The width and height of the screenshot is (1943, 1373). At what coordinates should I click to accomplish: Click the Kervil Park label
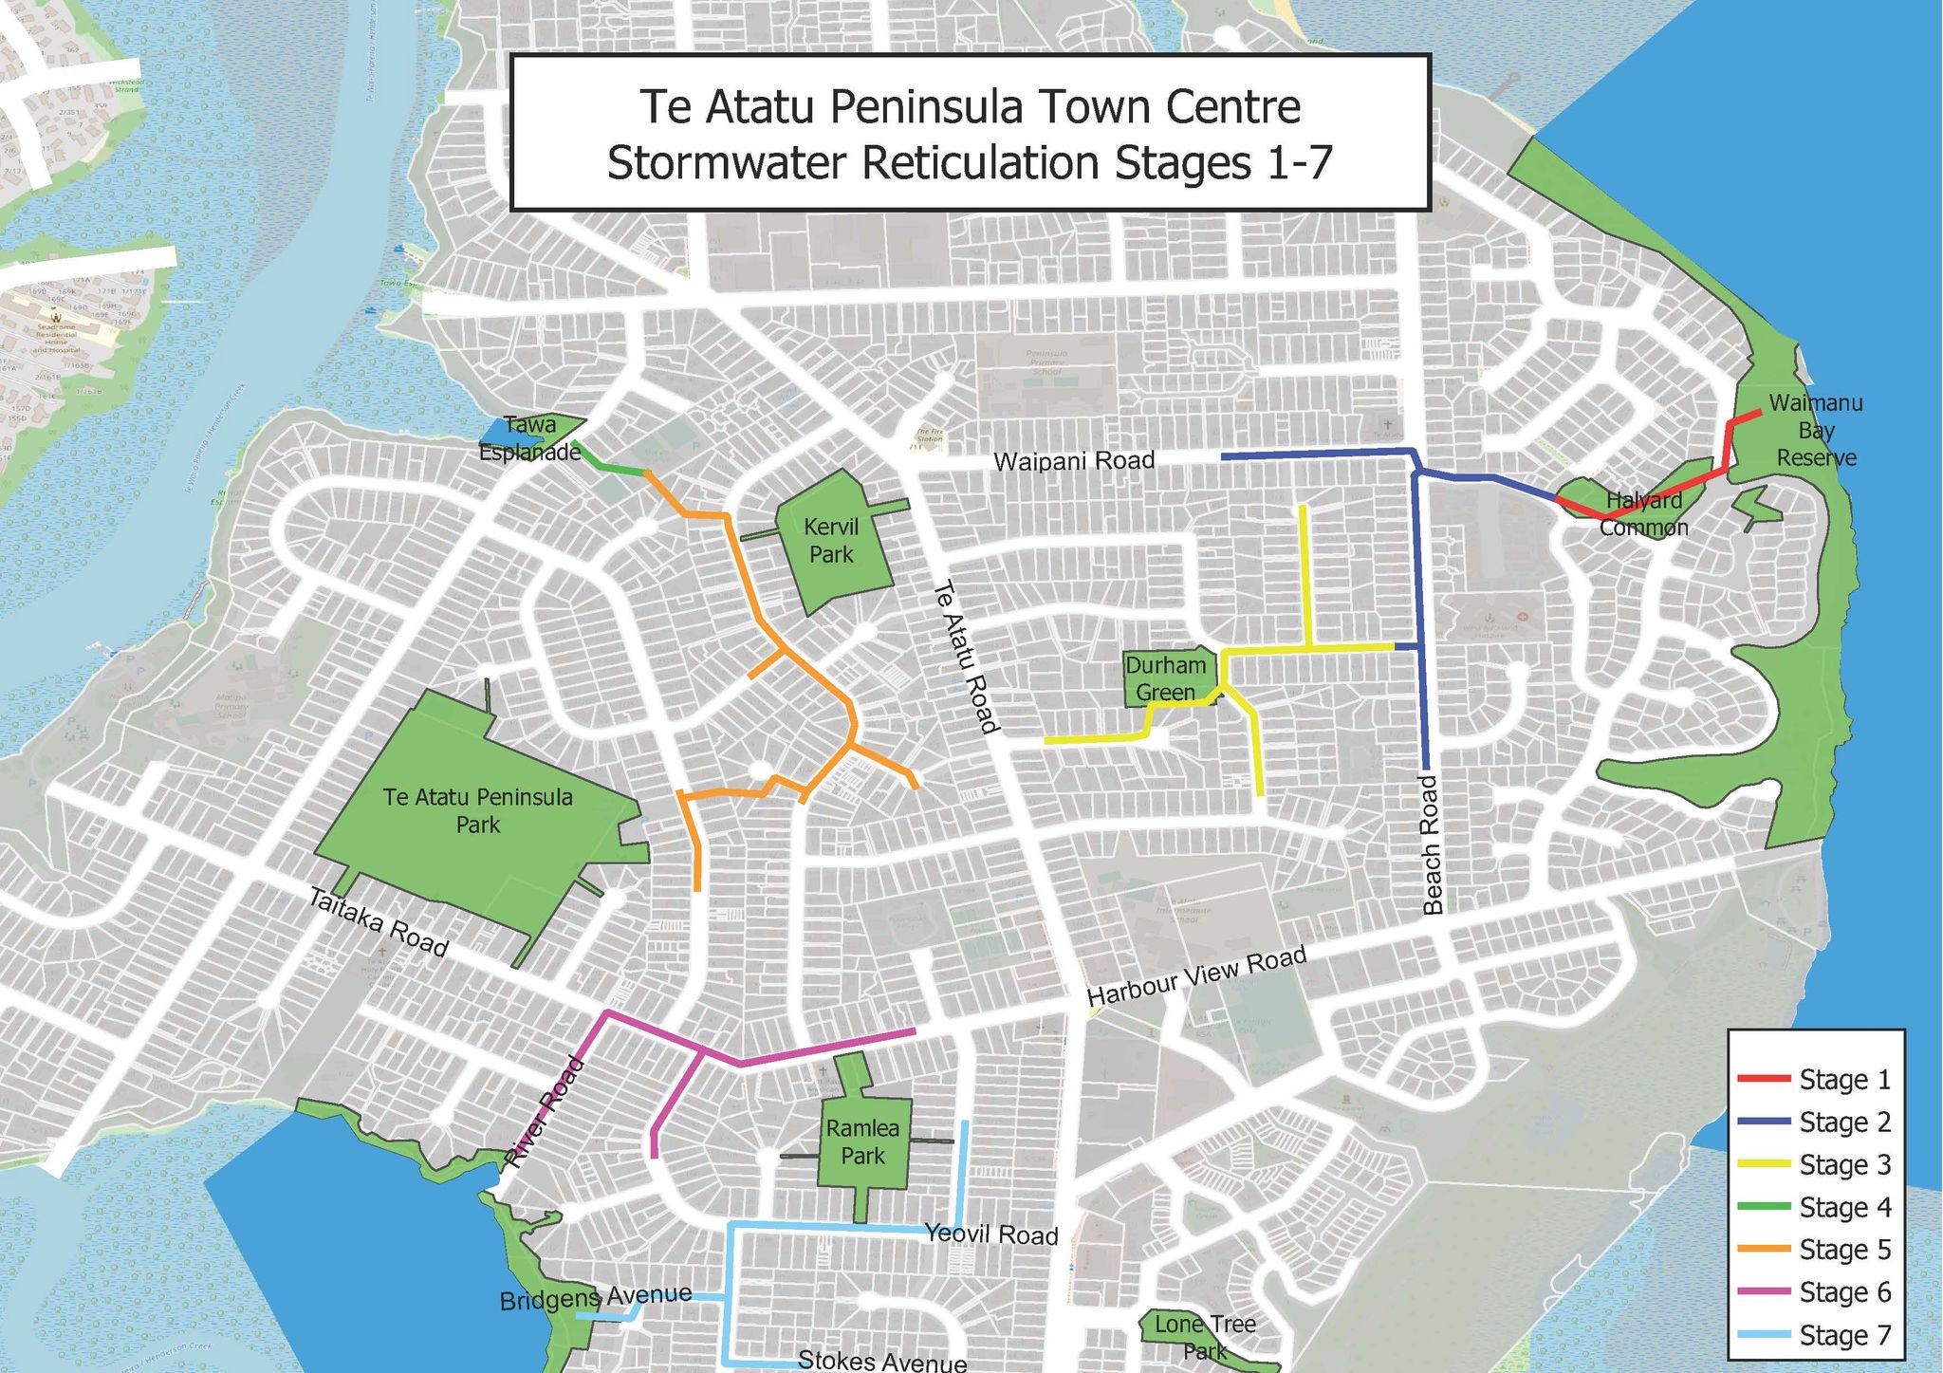click(831, 541)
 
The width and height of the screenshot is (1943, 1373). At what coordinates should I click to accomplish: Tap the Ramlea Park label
click(861, 1142)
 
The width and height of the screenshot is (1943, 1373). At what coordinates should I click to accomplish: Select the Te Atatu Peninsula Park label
click(478, 810)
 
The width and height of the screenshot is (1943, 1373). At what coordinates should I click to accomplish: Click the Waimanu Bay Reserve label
click(1816, 431)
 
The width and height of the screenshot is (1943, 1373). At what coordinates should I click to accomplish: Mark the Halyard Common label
click(1644, 513)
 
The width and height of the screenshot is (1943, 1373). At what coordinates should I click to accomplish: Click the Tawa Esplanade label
click(529, 439)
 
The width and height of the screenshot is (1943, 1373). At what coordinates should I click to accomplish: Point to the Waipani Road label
click(1074, 461)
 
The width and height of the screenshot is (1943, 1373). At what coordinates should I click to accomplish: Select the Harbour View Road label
click(1196, 977)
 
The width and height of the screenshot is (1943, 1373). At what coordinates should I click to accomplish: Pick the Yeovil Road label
click(991, 1234)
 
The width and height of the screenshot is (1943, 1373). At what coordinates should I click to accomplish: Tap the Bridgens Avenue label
click(595, 1298)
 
